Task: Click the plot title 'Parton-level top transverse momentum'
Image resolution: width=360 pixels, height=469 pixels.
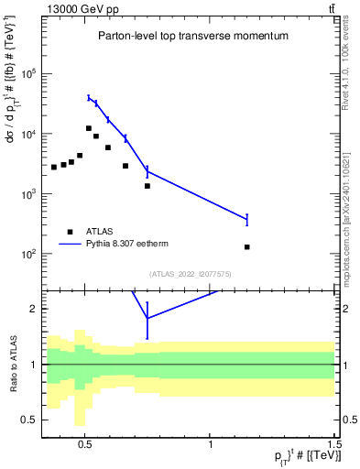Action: click(193, 36)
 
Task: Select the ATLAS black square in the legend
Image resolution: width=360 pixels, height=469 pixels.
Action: click(71, 232)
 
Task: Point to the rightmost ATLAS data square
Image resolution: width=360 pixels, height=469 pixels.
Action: click(247, 247)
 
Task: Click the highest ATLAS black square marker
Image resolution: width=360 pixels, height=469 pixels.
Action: click(89, 128)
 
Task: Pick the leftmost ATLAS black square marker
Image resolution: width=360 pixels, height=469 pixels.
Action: click(54, 167)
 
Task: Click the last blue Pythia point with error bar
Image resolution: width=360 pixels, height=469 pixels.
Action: click(247, 219)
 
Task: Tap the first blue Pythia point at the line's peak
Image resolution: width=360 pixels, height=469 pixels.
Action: click(89, 98)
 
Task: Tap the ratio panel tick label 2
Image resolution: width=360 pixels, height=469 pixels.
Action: click(34, 309)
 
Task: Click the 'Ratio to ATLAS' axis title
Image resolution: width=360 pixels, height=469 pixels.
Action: click(13, 364)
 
